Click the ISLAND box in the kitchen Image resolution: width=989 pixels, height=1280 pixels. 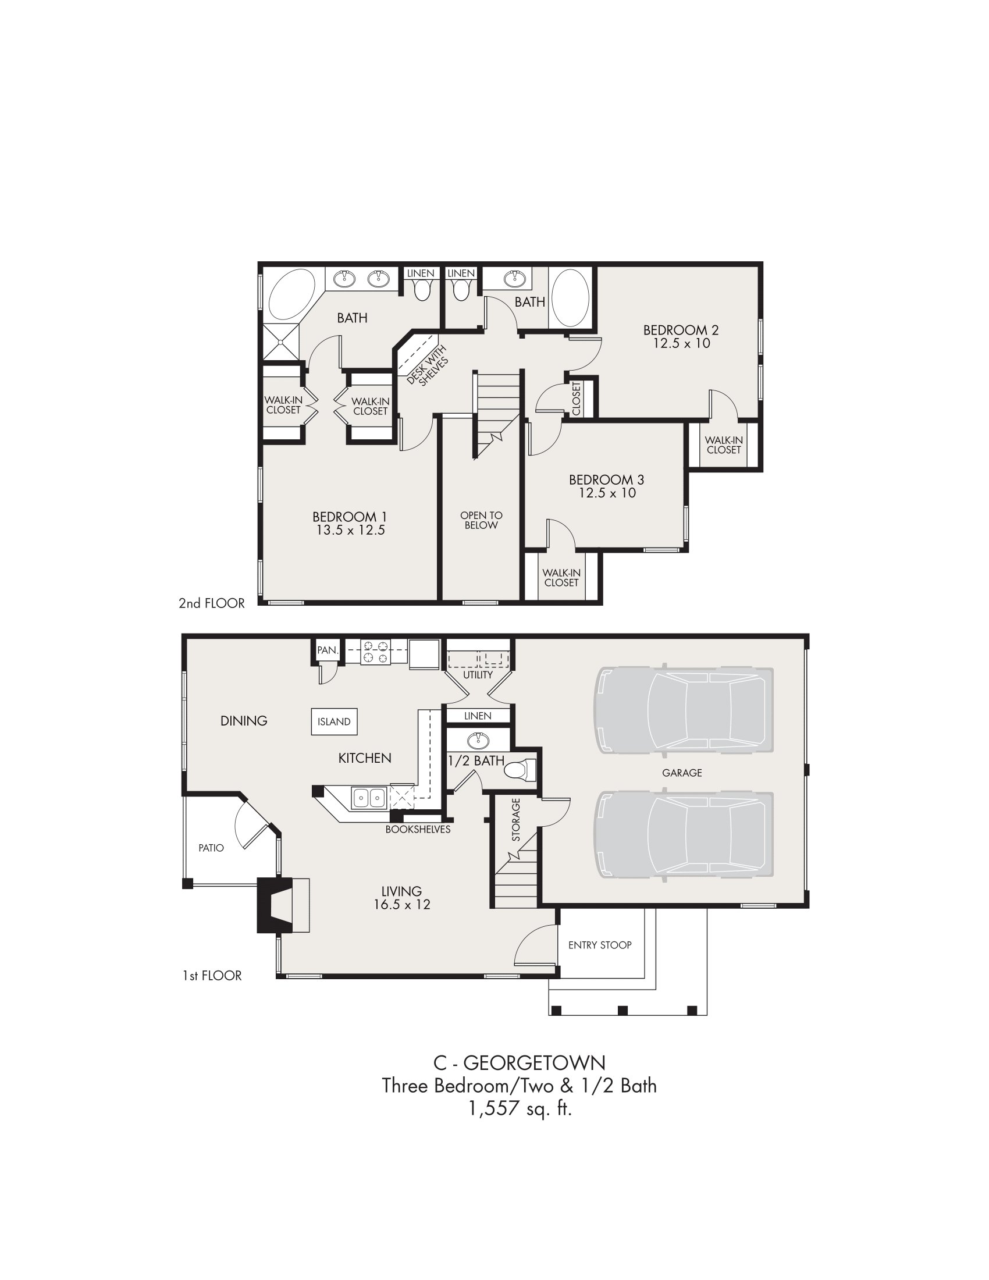(x=334, y=721)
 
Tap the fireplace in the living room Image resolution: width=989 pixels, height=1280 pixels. (x=283, y=905)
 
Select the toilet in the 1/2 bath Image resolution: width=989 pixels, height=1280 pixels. (x=520, y=770)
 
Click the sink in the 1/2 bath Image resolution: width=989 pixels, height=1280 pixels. (x=479, y=740)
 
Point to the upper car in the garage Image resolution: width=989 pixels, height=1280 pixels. (x=684, y=710)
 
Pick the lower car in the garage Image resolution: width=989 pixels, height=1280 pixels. (x=684, y=835)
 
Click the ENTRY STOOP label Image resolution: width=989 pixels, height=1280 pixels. (x=600, y=945)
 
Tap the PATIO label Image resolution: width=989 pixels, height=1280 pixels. (x=211, y=848)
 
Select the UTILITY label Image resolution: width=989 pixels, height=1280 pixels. (x=478, y=674)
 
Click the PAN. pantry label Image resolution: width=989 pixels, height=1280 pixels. (x=328, y=650)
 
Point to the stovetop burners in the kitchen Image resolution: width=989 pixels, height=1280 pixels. (x=376, y=652)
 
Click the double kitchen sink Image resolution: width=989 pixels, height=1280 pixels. (x=368, y=798)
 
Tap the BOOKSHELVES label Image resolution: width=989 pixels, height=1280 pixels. (x=418, y=829)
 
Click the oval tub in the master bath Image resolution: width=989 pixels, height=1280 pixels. (x=291, y=294)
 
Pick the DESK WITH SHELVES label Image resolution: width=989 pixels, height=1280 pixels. (x=428, y=365)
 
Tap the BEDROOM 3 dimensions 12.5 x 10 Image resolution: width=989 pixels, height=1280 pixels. (x=607, y=493)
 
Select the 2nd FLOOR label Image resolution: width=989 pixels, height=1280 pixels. (x=212, y=603)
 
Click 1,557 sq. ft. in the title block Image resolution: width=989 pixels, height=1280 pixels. (x=520, y=1108)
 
